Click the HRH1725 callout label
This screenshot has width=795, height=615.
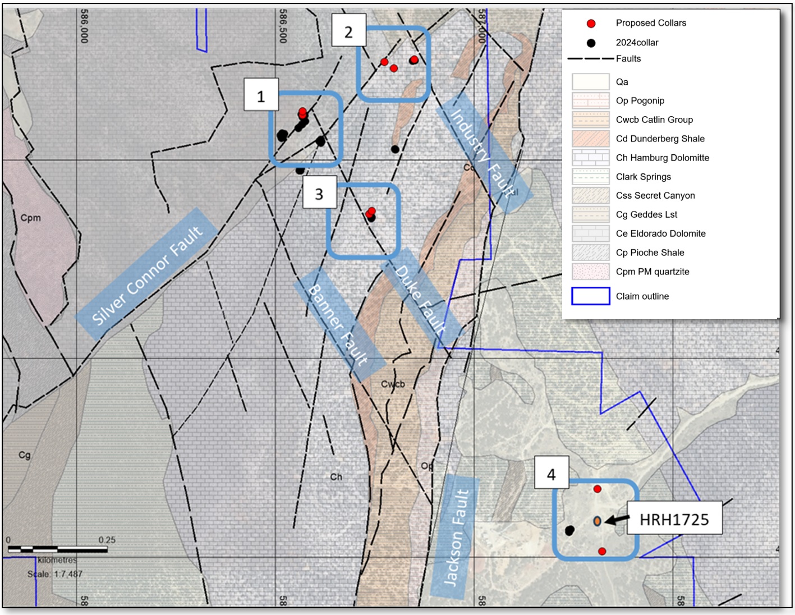tap(674, 520)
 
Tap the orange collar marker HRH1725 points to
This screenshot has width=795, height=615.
tap(598, 521)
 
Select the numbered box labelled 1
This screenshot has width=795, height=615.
tap(261, 96)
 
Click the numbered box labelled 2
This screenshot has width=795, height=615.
tap(348, 32)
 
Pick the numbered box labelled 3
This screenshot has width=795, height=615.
tap(319, 194)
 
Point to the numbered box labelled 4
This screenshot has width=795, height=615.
tap(552, 474)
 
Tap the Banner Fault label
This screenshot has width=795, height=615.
tap(339, 325)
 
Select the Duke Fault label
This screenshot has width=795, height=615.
tap(421, 300)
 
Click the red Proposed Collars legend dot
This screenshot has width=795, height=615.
tap(591, 24)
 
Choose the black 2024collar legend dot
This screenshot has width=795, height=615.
tap(591, 43)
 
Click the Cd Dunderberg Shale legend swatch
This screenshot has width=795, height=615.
tap(590, 139)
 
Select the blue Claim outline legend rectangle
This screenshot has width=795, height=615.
tap(590, 296)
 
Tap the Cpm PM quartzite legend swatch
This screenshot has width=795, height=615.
tap(590, 272)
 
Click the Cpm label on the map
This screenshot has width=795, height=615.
tap(31, 218)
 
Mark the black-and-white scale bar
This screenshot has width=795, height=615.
tap(58, 549)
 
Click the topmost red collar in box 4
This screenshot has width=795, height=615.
tap(598, 489)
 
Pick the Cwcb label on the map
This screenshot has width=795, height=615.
tap(393, 384)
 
